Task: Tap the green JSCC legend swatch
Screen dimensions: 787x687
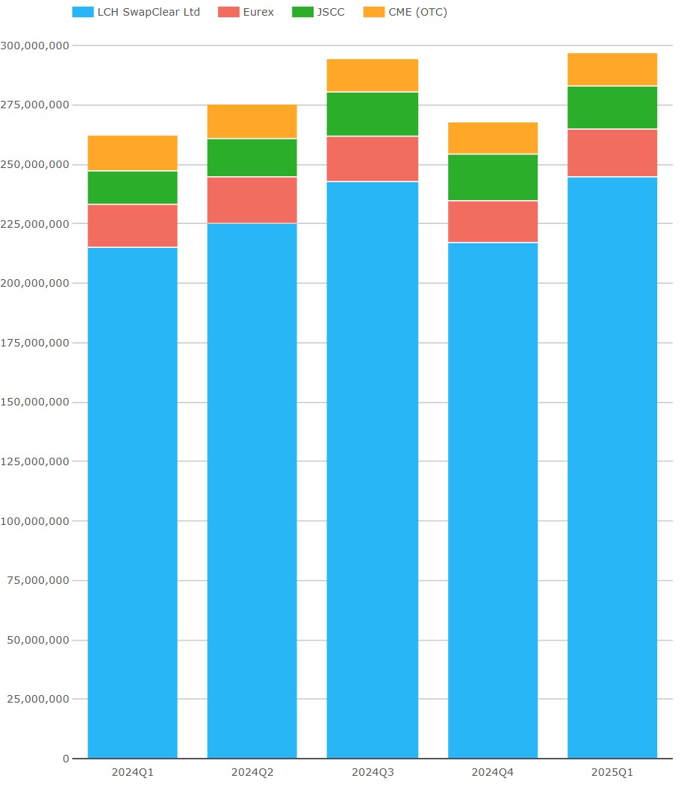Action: coord(302,12)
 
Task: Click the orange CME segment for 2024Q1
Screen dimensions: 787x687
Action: coord(132,153)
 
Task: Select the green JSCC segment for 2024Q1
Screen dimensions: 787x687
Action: coord(132,187)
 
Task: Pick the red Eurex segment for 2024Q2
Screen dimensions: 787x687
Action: coord(252,200)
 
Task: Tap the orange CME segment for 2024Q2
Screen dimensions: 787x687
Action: coord(252,121)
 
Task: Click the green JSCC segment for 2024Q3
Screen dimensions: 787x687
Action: coord(372,114)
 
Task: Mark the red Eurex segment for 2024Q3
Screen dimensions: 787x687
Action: coord(372,158)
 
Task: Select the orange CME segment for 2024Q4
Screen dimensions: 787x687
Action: coord(492,138)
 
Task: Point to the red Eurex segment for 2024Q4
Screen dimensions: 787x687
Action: coord(492,222)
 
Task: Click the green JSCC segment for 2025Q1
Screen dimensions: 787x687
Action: coord(612,108)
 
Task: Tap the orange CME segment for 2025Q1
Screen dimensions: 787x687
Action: coord(612,69)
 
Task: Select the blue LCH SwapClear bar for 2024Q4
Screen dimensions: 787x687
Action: coord(492,500)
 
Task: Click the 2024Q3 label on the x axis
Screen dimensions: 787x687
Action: coord(372,772)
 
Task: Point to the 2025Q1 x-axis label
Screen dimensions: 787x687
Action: coord(612,772)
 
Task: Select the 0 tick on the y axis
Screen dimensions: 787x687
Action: coord(66,759)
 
